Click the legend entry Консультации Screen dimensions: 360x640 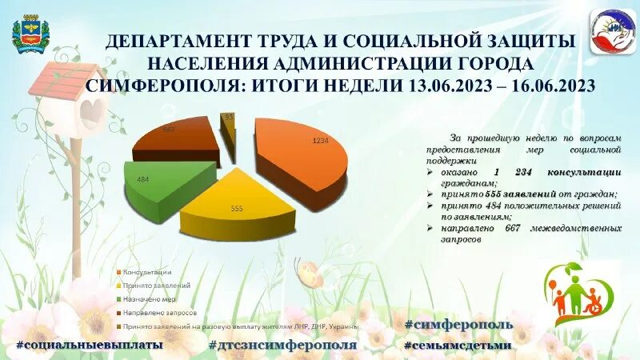[147, 271]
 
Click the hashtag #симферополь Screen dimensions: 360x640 [458, 324]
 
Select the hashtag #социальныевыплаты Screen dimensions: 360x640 [89, 345]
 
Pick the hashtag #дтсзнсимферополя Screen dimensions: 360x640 [282, 345]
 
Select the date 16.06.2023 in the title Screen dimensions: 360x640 [549, 86]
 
